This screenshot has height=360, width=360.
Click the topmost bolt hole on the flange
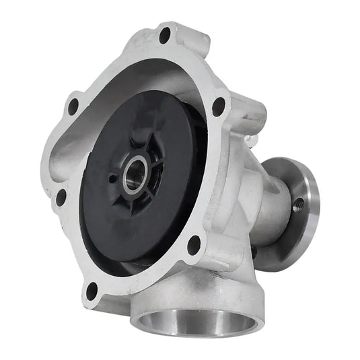tap(165, 36)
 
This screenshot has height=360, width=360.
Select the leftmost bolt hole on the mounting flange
tap(61, 198)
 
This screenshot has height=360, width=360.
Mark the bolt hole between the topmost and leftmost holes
tap(73, 106)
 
